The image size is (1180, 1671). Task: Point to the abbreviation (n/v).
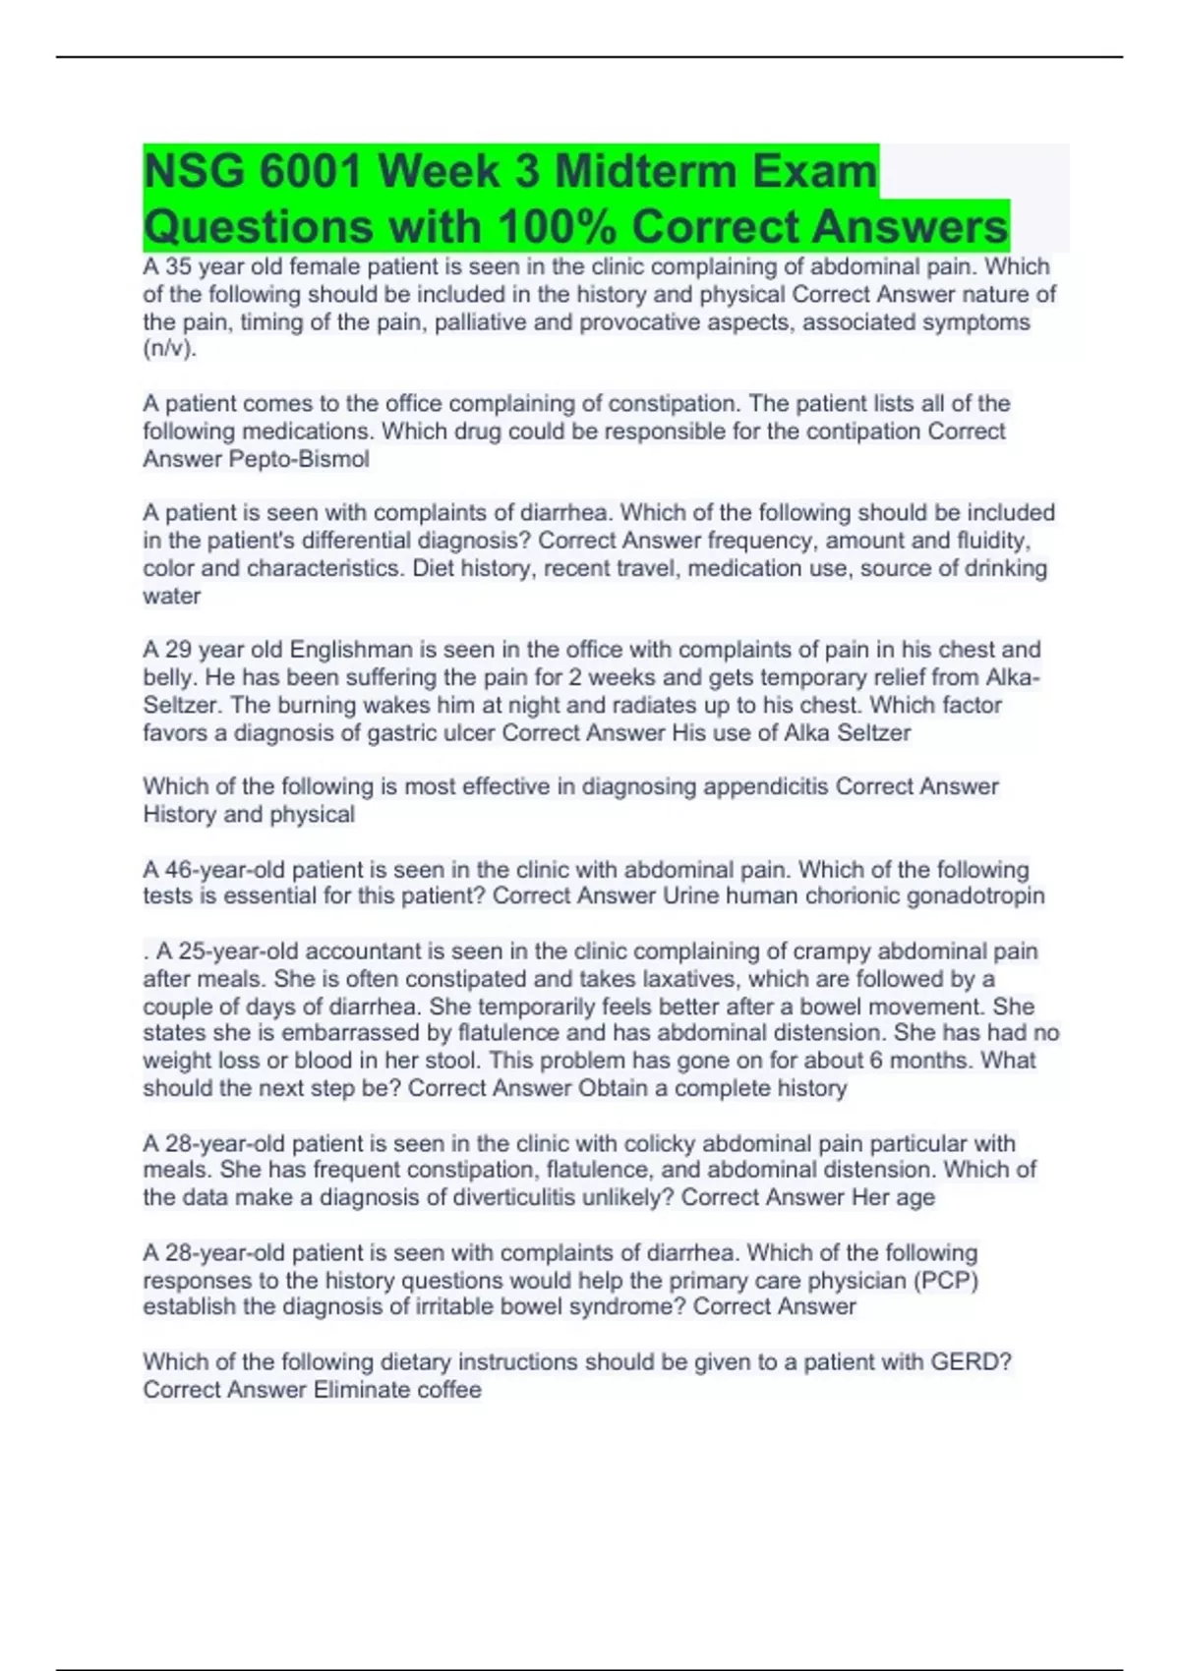pos(169,349)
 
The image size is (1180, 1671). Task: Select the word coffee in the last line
pos(447,1390)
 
